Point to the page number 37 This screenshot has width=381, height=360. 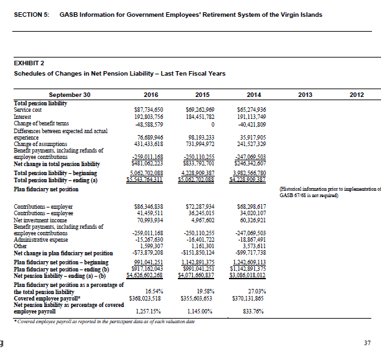pos(367,342)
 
